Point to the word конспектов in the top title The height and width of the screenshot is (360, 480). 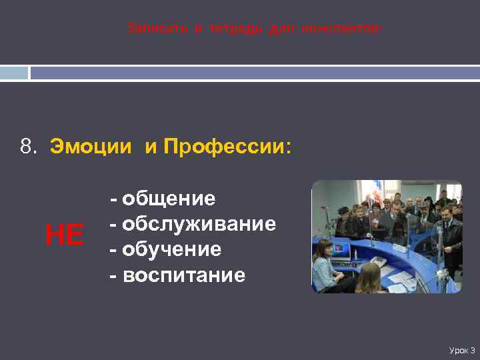tap(341, 29)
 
